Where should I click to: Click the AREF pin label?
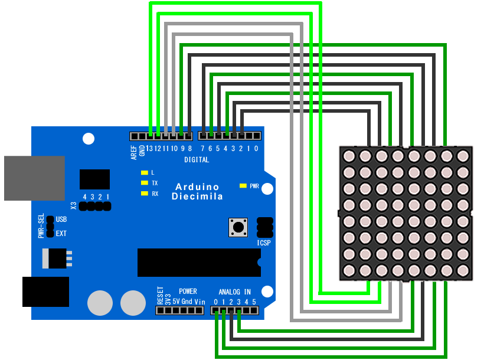click(134, 152)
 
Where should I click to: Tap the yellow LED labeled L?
click(143, 172)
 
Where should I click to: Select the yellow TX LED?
click(143, 183)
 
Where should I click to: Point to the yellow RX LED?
click(143, 194)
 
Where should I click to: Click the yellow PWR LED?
click(243, 186)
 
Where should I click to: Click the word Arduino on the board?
click(197, 187)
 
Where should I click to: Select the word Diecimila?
click(197, 197)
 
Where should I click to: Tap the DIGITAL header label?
click(197, 160)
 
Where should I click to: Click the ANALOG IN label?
click(234, 292)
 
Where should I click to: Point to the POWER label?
click(188, 292)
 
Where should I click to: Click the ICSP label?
click(264, 243)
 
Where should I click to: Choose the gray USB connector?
click(34, 178)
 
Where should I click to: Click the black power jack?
click(45, 292)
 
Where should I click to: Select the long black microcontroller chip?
click(198, 263)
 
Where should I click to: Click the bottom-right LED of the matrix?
click(463, 271)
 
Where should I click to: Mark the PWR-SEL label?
click(41, 226)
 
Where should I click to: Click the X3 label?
click(74, 206)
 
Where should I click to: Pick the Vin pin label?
click(200, 302)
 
